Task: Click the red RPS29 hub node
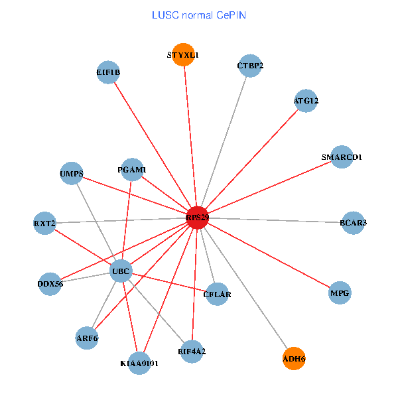click(197, 218)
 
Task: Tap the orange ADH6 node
click(294, 359)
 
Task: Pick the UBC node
click(121, 271)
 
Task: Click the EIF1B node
click(108, 73)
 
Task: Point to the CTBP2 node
click(250, 66)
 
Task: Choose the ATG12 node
click(306, 101)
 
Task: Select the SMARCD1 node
click(342, 157)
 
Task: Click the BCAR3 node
click(353, 222)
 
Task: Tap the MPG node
click(340, 293)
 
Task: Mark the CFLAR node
click(217, 294)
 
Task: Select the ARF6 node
click(87, 338)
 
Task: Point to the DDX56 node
click(50, 284)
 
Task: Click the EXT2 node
click(44, 223)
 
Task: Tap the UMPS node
click(72, 174)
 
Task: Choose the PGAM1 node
click(133, 170)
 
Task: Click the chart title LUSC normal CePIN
click(199, 15)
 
